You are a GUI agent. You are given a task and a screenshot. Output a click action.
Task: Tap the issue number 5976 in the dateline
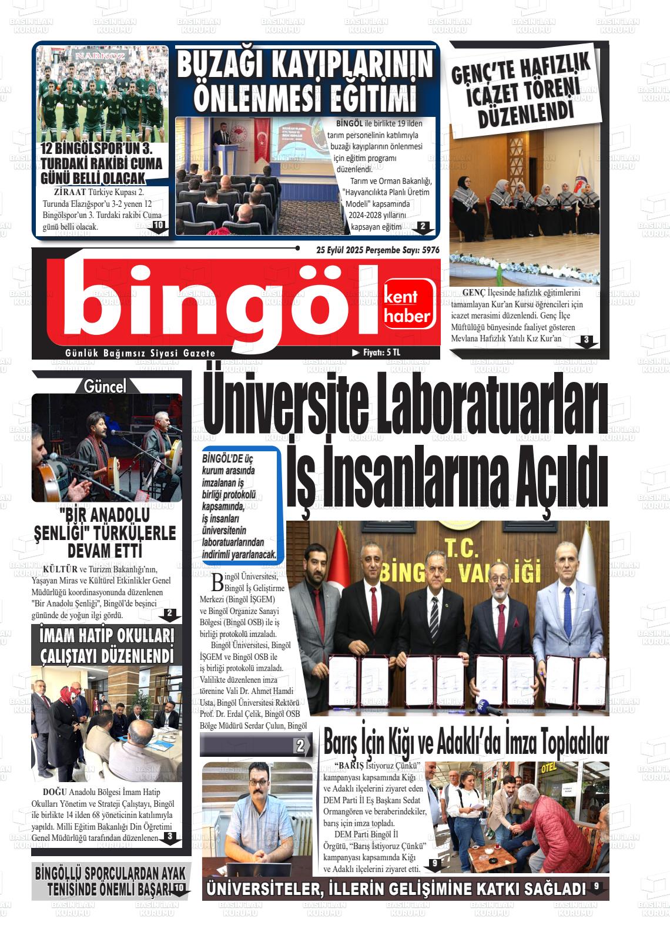[x=430, y=250]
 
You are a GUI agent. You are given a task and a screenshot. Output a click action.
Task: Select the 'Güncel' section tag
[x=105, y=386]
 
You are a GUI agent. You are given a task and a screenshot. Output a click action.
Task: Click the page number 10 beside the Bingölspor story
[x=158, y=226]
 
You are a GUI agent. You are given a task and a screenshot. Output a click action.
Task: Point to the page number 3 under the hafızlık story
[x=586, y=340]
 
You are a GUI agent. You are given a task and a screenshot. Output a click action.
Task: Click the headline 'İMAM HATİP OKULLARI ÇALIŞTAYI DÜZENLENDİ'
[x=107, y=646]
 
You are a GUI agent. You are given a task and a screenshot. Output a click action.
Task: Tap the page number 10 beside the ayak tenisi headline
[x=178, y=888]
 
